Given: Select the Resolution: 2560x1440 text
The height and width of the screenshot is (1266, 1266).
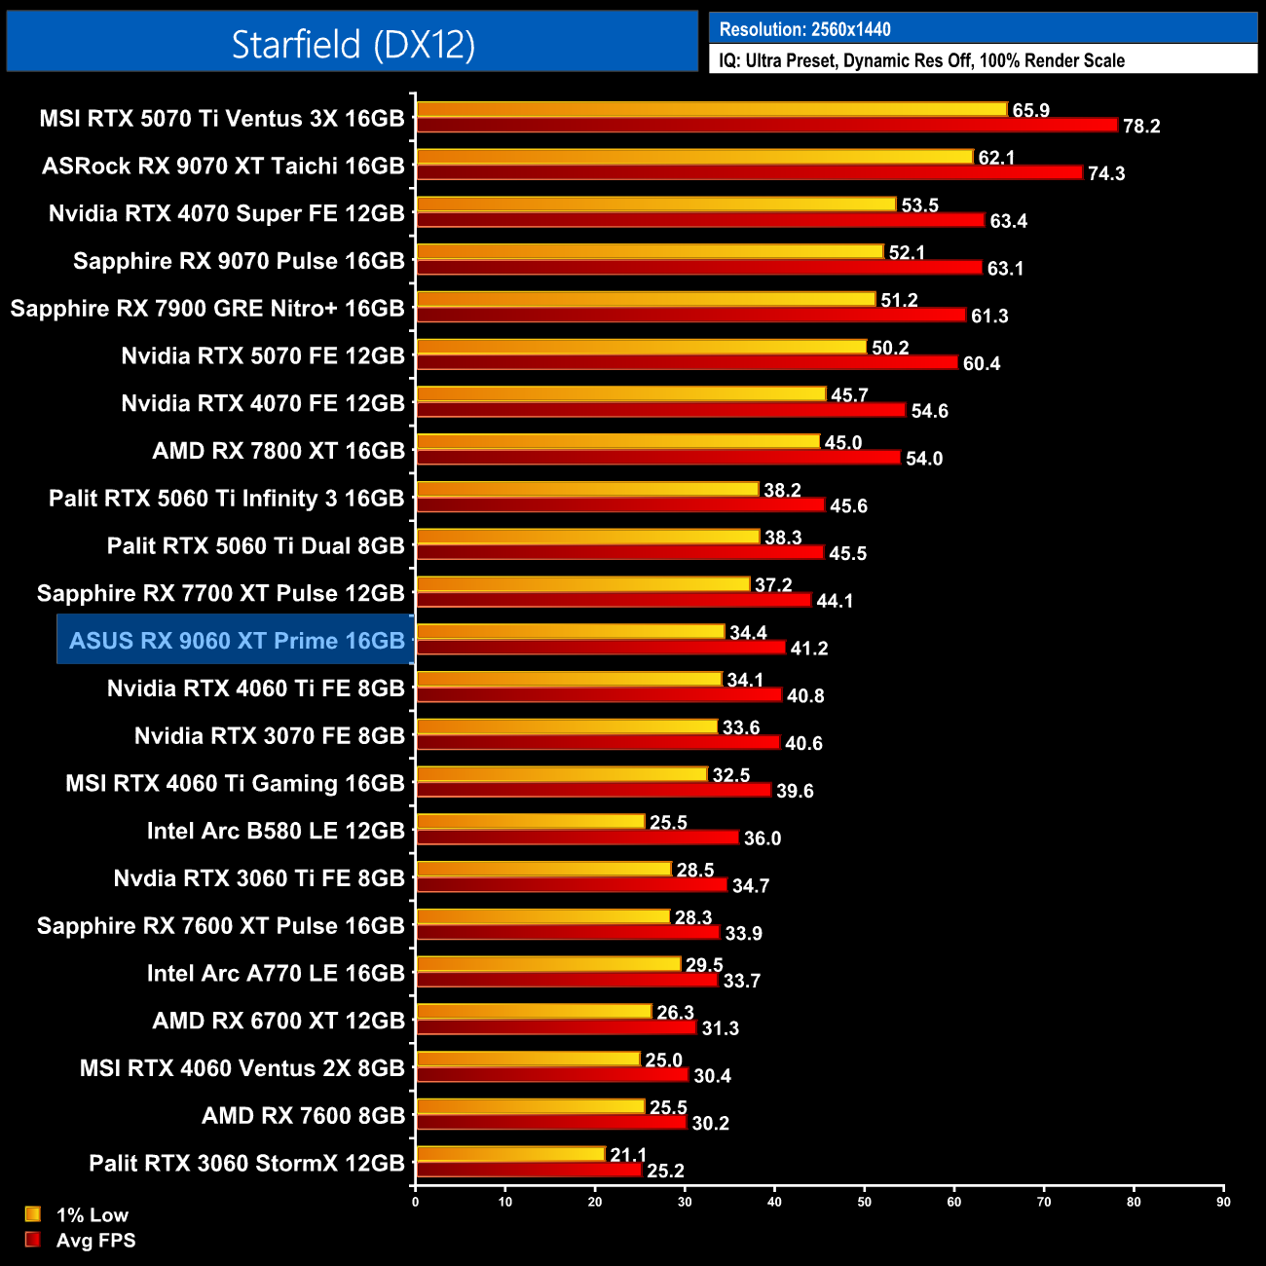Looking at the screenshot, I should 804,29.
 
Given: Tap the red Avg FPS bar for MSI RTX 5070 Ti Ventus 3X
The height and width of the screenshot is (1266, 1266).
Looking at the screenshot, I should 766,126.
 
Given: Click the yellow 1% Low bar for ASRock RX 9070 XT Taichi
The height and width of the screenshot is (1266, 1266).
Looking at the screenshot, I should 694,157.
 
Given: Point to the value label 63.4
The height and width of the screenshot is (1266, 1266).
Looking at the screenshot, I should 1008,221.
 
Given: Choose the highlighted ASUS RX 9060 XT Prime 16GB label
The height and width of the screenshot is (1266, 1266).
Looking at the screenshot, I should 237,641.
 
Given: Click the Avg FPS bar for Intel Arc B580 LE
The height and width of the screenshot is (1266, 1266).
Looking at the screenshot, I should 577,838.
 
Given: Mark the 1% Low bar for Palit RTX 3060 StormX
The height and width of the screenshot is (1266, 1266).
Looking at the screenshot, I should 510,1154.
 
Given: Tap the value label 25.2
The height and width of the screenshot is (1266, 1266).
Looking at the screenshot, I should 665,1171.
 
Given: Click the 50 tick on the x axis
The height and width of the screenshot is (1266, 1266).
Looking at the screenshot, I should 865,1202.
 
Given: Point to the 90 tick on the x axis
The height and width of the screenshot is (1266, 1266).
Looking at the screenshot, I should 1223,1202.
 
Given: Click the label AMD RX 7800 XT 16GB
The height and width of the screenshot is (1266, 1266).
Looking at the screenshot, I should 278,451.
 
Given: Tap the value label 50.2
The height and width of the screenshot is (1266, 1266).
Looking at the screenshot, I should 890,348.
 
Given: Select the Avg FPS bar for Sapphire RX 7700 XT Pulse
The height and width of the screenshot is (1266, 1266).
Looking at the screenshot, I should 614,600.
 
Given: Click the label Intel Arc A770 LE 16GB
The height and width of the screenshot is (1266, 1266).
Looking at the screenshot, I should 275,973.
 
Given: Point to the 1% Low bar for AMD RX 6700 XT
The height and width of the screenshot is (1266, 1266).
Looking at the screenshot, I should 534,1012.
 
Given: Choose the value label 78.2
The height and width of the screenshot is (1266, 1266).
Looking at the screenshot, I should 1141,127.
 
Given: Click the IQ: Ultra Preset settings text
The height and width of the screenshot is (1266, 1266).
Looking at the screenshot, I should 921,60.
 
